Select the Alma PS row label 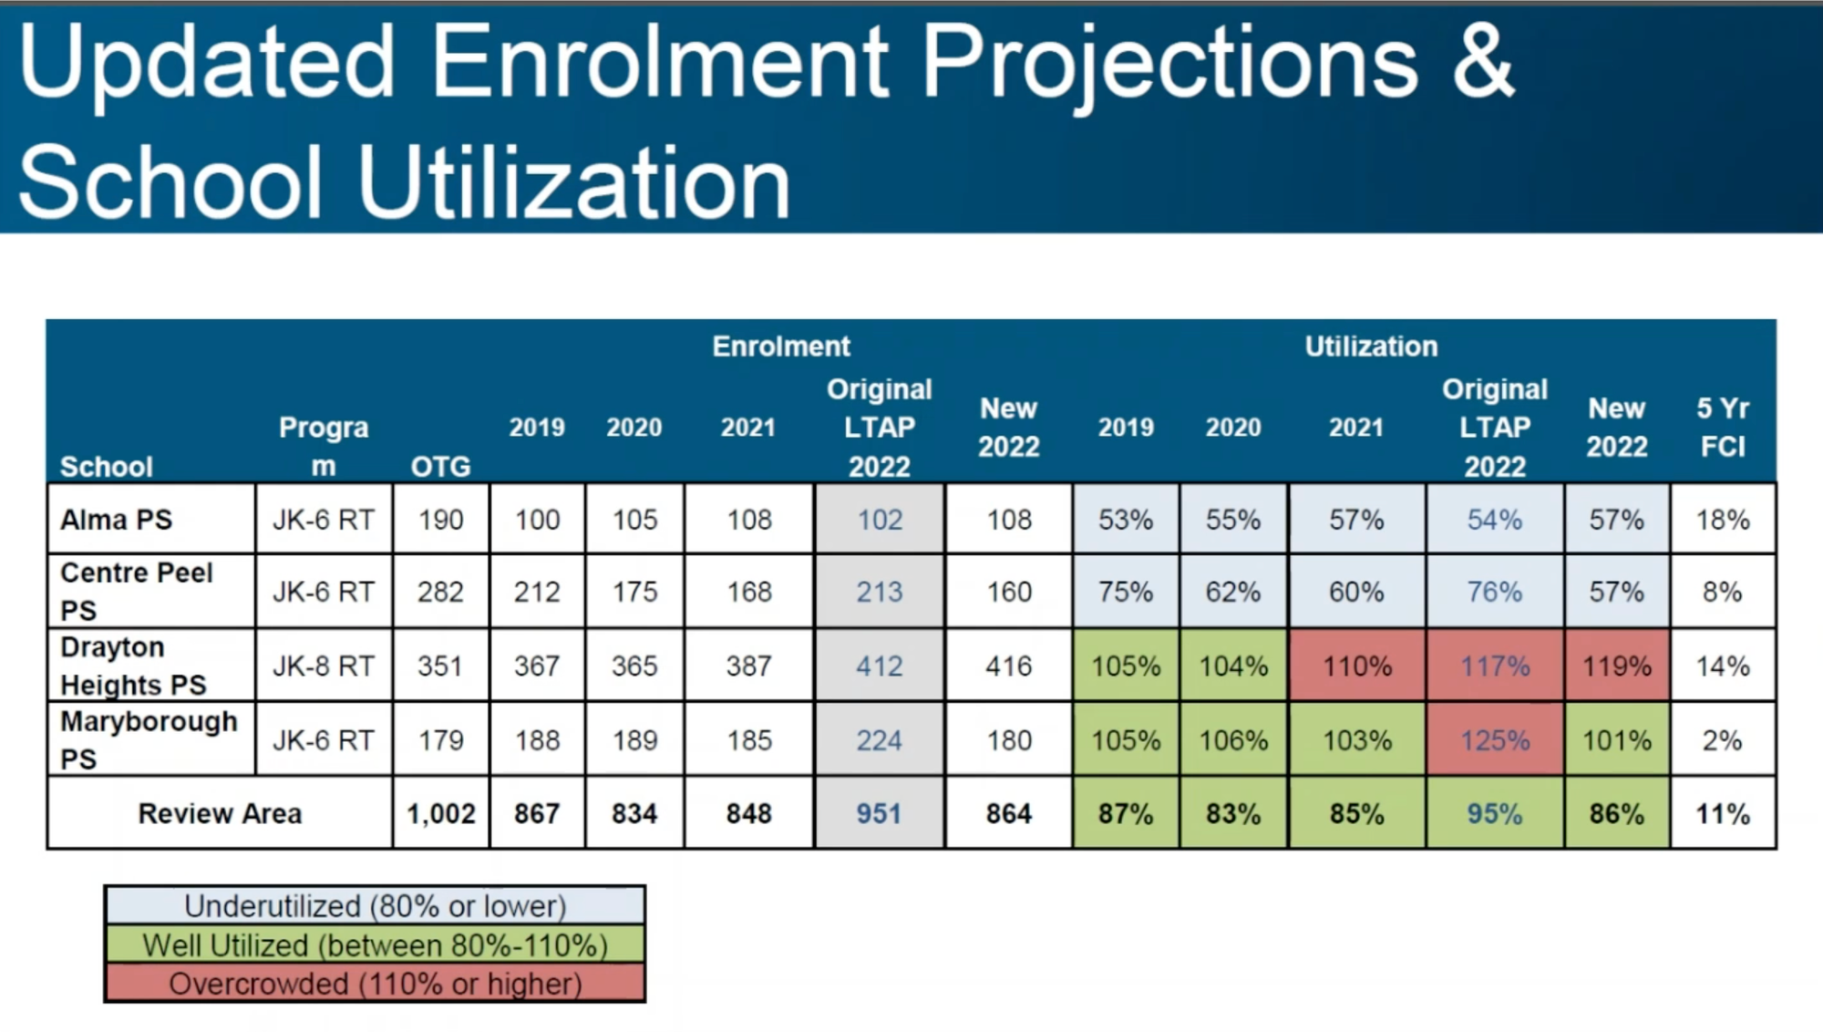[116, 520]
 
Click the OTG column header [440, 467]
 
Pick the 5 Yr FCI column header [1722, 428]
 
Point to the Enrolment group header [780, 346]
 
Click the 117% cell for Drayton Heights [1495, 666]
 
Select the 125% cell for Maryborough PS [1495, 740]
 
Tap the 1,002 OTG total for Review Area [441, 813]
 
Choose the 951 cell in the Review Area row [879, 813]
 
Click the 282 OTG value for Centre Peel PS [440, 592]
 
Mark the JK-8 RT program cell [324, 666]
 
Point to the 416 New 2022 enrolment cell [1008, 666]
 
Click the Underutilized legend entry [375, 906]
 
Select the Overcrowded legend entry [375, 985]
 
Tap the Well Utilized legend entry [375, 945]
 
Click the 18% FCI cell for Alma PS [1722, 520]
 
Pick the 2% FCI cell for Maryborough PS [1722, 740]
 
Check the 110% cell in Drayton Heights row [1356, 666]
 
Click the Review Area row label [220, 813]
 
